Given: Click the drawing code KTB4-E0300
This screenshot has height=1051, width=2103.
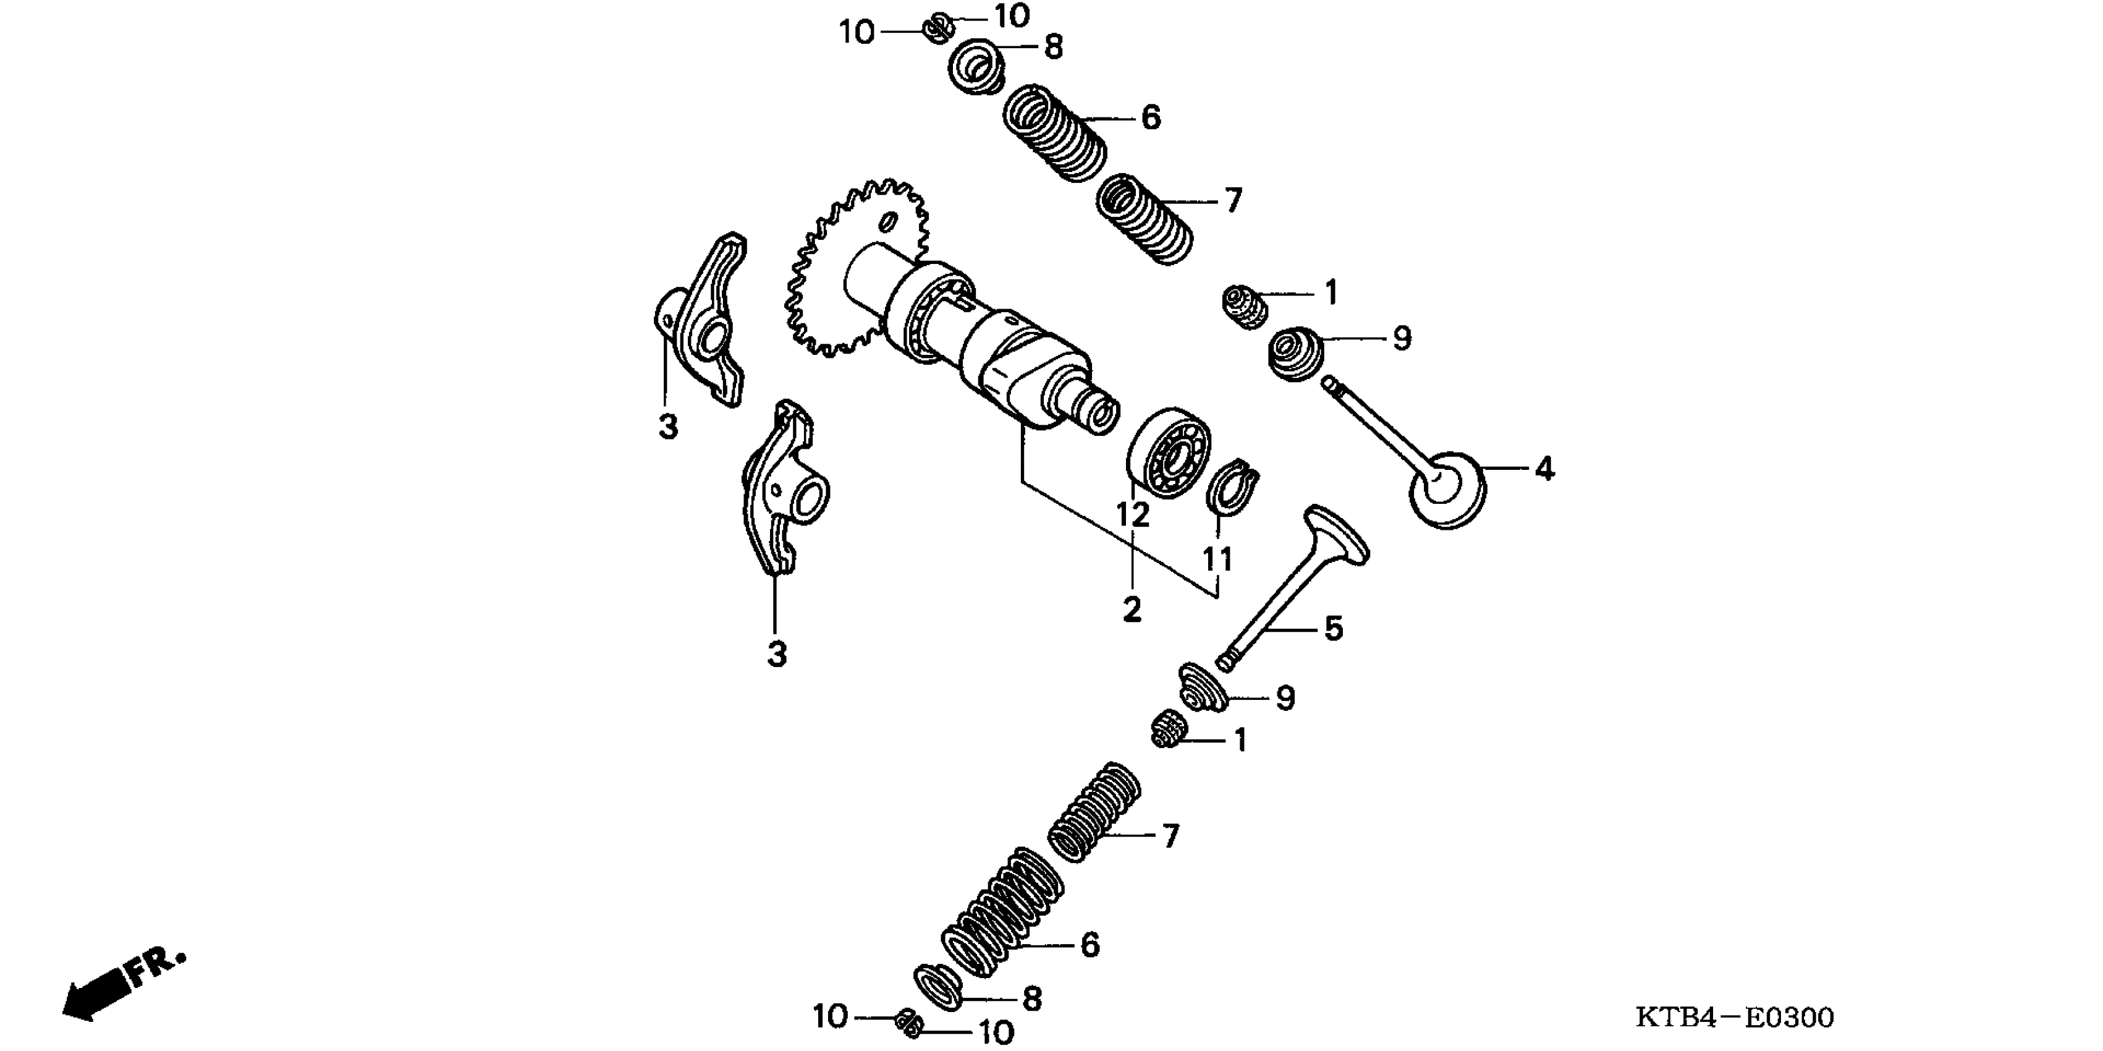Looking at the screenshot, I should coord(1734,1018).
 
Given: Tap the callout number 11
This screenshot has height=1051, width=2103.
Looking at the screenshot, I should coord(1216,560).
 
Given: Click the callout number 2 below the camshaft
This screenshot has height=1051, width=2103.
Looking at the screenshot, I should coord(1132,609).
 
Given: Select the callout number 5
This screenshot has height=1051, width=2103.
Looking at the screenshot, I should coord(1332,629).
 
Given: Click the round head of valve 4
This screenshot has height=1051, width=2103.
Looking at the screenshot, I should coord(1449,490).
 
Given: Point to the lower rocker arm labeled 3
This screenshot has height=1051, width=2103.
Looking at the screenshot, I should coord(784,490).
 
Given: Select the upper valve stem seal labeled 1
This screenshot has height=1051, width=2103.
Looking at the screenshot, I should coord(1244,307).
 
